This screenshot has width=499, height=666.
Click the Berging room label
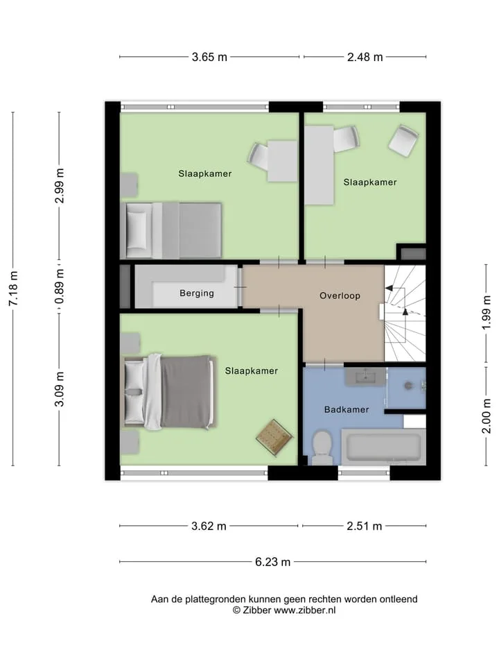pyautogui.click(x=196, y=293)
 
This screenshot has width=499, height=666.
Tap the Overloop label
pyautogui.click(x=340, y=296)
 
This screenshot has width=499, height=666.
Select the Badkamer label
pyautogui.click(x=347, y=409)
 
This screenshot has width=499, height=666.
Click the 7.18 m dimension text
pyautogui.click(x=13, y=289)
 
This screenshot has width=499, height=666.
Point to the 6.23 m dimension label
pyautogui.click(x=273, y=562)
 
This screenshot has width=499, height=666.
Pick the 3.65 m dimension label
pyautogui.click(x=209, y=57)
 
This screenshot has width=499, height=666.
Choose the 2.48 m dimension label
pyautogui.click(x=365, y=57)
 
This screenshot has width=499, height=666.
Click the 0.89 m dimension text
pyautogui.click(x=60, y=287)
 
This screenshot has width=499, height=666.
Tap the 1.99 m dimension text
pyautogui.click(x=487, y=312)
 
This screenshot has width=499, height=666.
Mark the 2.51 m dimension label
pyautogui.click(x=365, y=527)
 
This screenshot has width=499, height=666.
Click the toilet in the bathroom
pyautogui.click(x=321, y=447)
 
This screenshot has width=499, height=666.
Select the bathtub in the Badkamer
pyautogui.click(x=383, y=447)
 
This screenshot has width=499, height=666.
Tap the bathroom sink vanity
pyautogui.click(x=365, y=377)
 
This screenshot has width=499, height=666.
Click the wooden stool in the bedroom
pyautogui.click(x=274, y=438)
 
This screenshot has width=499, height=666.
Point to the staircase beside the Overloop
pyautogui.click(x=405, y=314)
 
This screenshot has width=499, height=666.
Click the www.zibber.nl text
pyautogui.click(x=305, y=610)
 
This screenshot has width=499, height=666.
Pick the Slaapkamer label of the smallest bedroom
pyautogui.click(x=370, y=182)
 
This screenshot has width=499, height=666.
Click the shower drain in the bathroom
pyautogui.click(x=408, y=386)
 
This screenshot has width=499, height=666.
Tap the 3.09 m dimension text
pyautogui.click(x=60, y=388)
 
